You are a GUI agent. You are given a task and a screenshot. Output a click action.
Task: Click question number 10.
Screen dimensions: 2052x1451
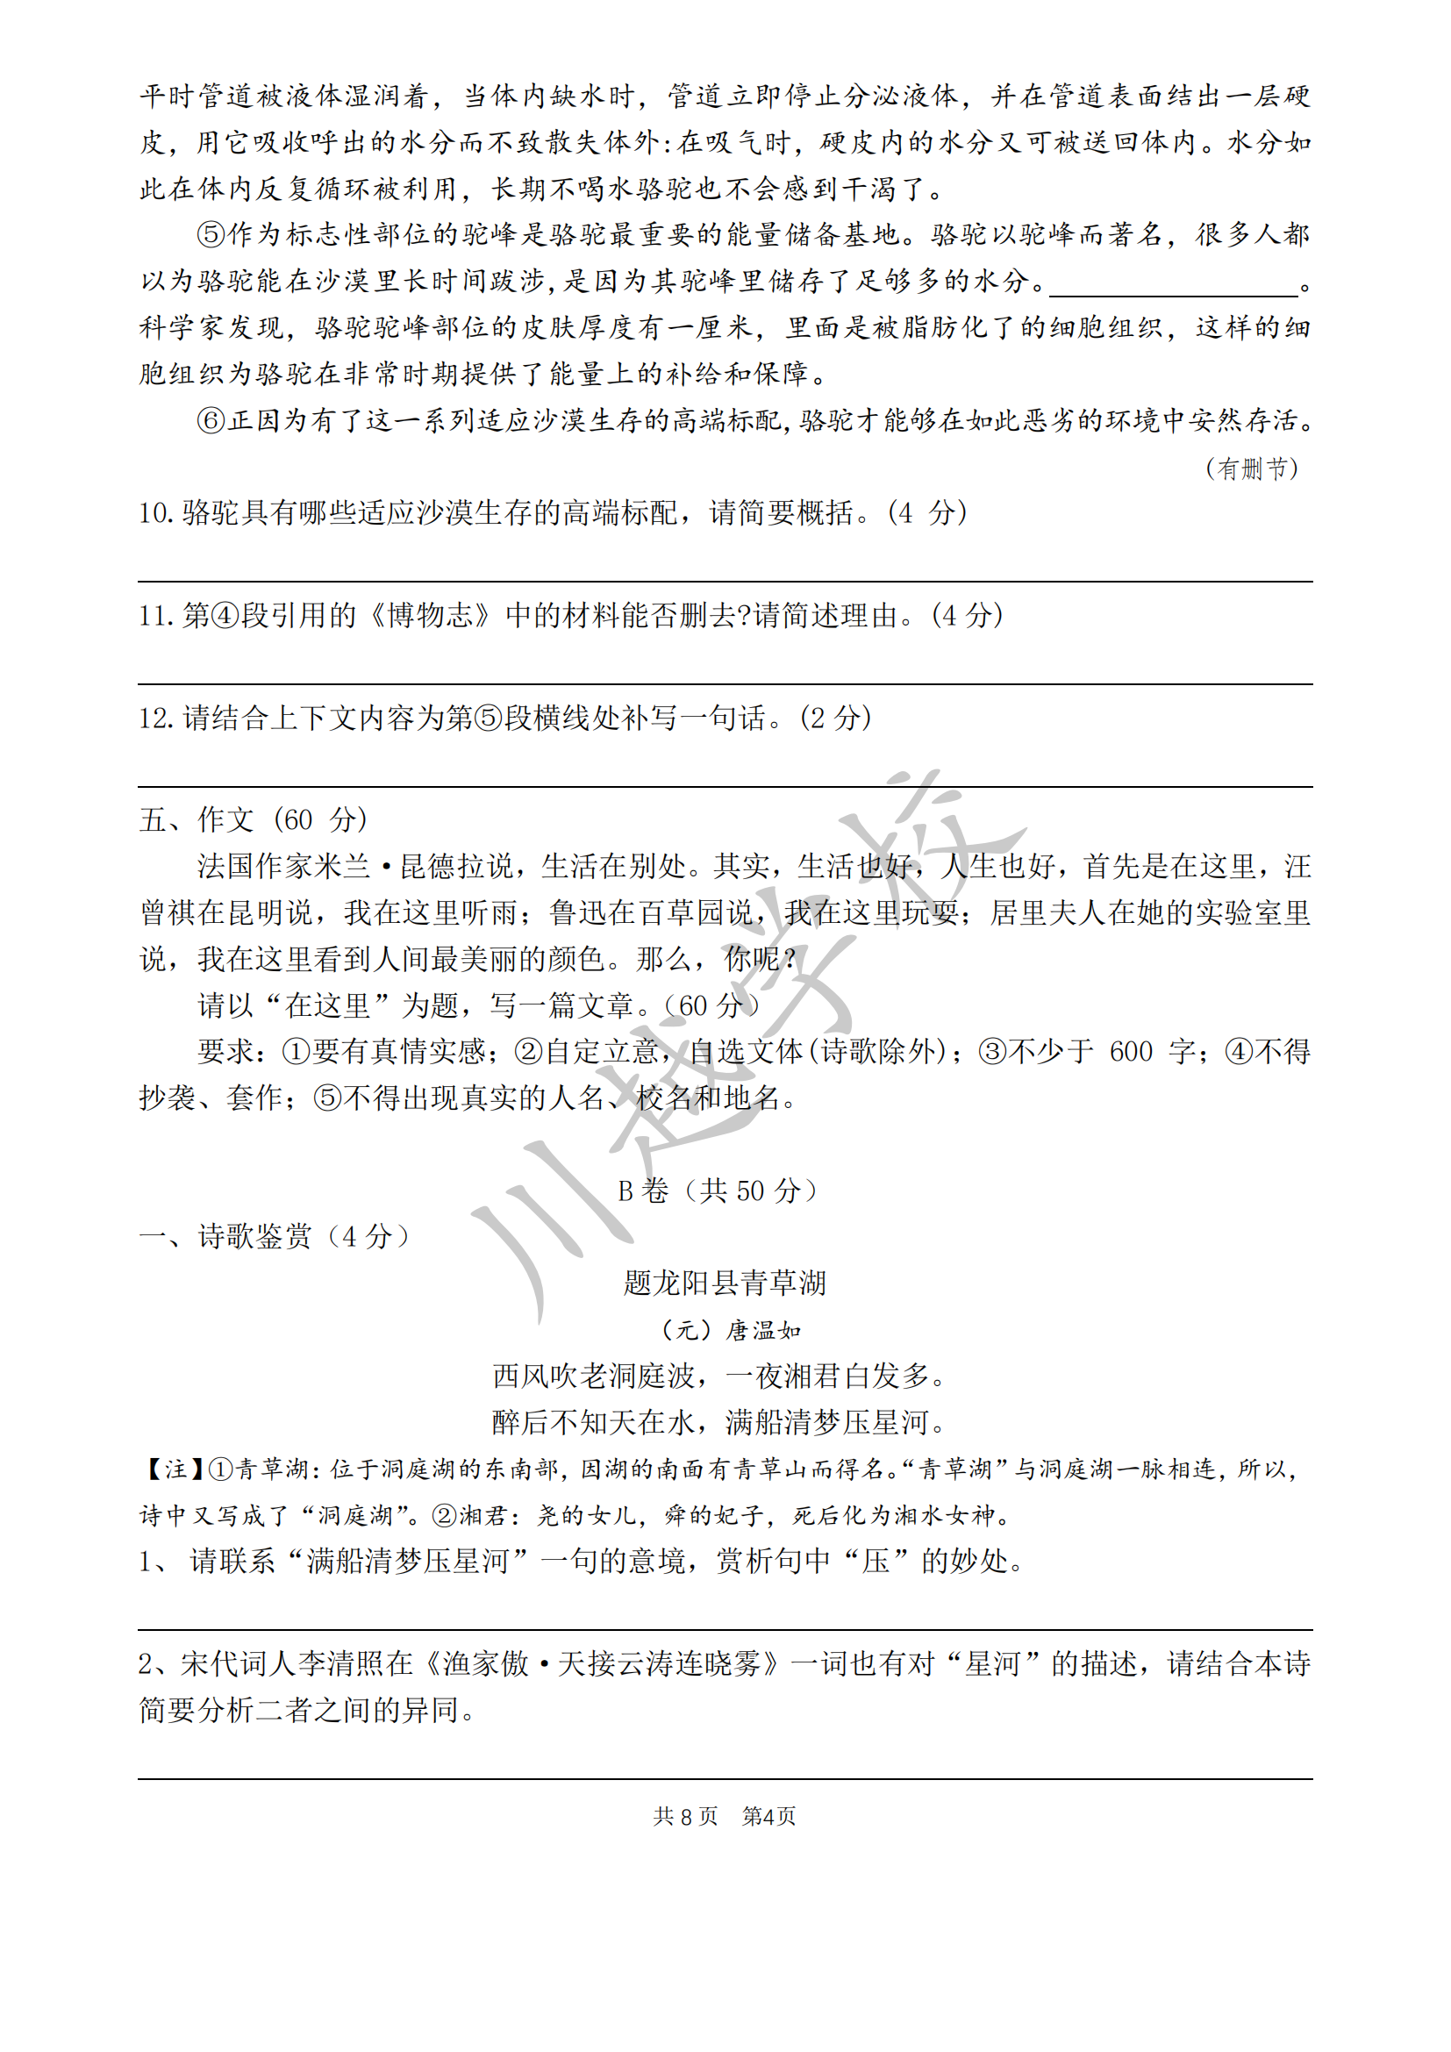155,513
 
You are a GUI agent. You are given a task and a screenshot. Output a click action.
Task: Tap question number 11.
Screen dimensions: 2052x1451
155,616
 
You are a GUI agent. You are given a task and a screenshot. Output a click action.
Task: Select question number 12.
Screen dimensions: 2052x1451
155,718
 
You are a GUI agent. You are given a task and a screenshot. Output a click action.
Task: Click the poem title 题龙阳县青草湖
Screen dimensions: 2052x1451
725,1283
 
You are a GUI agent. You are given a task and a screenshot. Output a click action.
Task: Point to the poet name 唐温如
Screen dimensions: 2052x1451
763,1331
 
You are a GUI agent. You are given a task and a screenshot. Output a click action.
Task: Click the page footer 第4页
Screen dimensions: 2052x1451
769,1816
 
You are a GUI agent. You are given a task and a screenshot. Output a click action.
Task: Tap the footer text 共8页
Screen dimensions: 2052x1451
685,1816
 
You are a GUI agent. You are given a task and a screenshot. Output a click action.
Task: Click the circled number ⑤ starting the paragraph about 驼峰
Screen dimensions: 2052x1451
211,235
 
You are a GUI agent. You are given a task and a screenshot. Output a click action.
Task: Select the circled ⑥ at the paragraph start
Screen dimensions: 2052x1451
211,421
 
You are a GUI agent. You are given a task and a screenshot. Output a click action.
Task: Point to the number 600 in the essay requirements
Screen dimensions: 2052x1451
1130,1052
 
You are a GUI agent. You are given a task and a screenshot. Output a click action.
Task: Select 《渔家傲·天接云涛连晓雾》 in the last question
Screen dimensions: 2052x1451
603,1664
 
